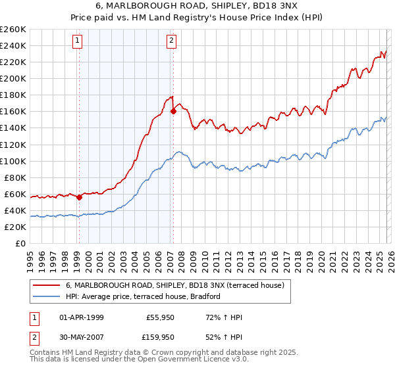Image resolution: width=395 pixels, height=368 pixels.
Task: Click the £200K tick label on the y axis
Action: pyautogui.click(x=13, y=78)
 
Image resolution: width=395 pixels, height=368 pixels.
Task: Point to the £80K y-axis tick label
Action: pyautogui.click(x=15, y=177)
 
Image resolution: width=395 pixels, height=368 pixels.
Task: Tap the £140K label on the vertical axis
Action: pyautogui.click(x=13, y=128)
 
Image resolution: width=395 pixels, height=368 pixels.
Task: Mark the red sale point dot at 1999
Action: pyautogui.click(x=79, y=196)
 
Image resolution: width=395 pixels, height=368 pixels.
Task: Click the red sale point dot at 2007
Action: pyautogui.click(x=174, y=111)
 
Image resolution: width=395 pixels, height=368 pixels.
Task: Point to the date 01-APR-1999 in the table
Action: pyautogui.click(x=83, y=317)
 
